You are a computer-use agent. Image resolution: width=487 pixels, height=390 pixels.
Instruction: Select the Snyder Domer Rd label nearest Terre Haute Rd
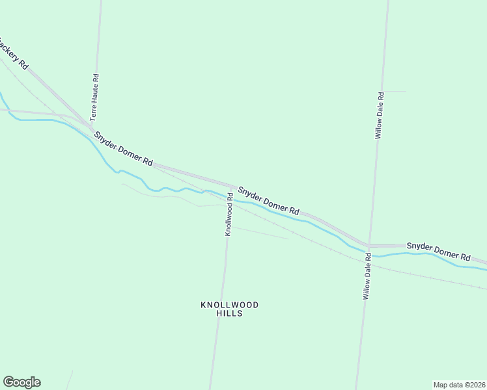click(x=123, y=149)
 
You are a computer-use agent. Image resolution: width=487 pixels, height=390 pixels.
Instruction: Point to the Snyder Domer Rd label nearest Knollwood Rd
click(x=268, y=201)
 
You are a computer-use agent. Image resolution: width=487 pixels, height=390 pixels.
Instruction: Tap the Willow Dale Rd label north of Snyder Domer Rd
click(x=380, y=115)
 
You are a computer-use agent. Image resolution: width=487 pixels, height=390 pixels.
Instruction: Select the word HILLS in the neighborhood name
click(x=229, y=313)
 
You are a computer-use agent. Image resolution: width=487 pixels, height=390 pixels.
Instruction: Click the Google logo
click(x=21, y=382)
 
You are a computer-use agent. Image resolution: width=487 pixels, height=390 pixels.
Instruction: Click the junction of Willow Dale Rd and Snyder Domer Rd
click(x=369, y=246)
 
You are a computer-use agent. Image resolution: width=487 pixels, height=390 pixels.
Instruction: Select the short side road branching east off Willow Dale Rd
click(x=395, y=92)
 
